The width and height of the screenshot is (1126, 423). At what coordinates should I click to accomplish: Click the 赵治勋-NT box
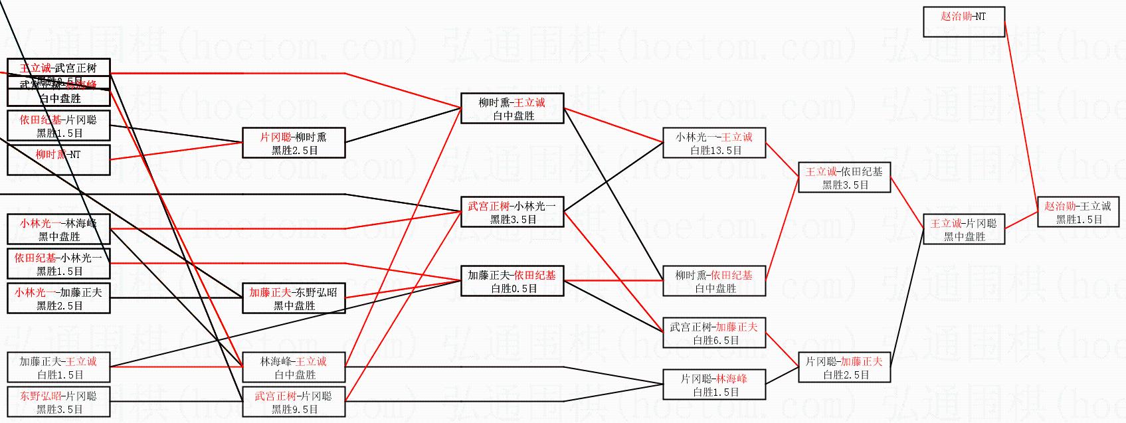click(963, 22)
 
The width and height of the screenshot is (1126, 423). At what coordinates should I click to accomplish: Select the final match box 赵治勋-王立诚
click(1078, 212)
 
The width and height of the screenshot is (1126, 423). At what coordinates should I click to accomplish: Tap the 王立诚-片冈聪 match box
click(963, 230)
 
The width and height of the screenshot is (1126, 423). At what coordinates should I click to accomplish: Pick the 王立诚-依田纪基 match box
click(844, 178)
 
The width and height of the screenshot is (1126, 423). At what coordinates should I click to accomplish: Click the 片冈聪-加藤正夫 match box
click(844, 368)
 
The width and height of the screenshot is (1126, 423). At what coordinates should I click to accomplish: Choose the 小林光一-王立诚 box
click(714, 143)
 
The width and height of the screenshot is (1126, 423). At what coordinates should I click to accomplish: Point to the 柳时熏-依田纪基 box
click(714, 282)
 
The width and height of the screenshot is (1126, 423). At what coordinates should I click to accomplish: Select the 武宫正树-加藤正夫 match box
click(714, 333)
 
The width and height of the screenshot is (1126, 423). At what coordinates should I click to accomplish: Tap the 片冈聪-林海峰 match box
click(714, 385)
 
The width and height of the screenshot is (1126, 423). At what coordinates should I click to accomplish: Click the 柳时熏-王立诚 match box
click(512, 109)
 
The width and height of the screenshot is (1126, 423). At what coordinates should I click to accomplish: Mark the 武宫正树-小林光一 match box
click(512, 212)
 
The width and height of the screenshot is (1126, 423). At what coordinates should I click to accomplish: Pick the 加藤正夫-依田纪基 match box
click(512, 282)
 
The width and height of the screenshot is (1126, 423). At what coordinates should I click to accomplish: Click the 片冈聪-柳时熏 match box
click(294, 143)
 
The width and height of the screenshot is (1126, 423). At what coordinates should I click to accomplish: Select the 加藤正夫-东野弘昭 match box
click(294, 299)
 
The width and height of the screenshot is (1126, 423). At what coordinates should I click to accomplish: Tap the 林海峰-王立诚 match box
click(294, 368)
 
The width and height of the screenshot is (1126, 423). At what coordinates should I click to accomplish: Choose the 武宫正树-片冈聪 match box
click(294, 402)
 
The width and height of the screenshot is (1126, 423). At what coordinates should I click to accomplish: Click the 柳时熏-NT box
click(58, 161)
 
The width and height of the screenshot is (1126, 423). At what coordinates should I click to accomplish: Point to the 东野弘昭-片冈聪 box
click(58, 402)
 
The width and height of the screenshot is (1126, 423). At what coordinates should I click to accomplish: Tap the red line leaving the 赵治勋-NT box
click(1022, 113)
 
